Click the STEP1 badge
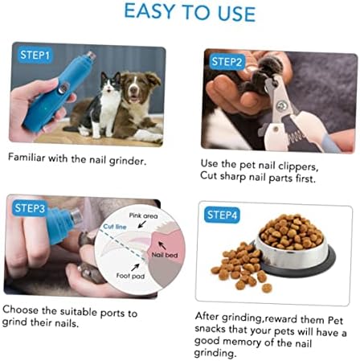(x=35, y=55)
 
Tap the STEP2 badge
(x=227, y=62)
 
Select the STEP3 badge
(x=30, y=208)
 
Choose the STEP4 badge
(x=222, y=215)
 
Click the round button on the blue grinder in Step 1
(x=63, y=88)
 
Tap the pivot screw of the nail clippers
(x=281, y=106)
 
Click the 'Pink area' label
(x=143, y=215)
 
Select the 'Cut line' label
(x=115, y=227)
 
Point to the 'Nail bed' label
(x=165, y=255)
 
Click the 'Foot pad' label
(x=130, y=276)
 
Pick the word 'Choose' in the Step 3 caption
(x=21, y=310)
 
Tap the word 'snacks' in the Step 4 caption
(x=211, y=329)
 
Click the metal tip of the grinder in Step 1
(x=91, y=55)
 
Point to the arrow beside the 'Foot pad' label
(x=135, y=267)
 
